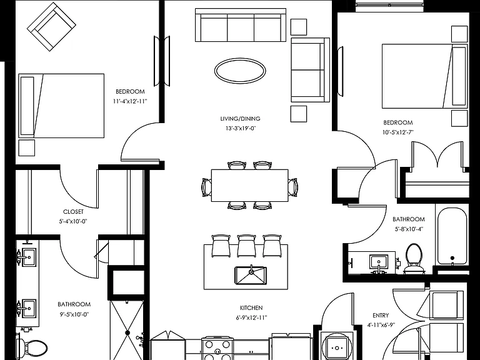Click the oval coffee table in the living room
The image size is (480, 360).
[x=240, y=71]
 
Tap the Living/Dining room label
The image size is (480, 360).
[x=240, y=119]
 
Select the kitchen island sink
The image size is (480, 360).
[x=251, y=276]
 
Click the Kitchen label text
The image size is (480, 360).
[x=251, y=307]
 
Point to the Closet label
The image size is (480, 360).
[x=73, y=211]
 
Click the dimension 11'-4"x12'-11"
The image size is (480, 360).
[x=130, y=101]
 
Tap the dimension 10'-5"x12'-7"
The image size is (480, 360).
[x=398, y=132]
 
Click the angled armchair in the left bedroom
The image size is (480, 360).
[x=51, y=27]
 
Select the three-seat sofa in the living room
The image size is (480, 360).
[x=241, y=25]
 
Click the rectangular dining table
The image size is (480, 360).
[x=250, y=186]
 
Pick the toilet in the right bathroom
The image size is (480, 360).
[x=414, y=257]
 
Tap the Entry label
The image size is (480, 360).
[x=381, y=315]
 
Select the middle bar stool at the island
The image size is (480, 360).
[x=246, y=246]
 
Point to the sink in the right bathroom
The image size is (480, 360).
[x=379, y=262]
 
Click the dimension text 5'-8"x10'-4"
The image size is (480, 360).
[x=409, y=229]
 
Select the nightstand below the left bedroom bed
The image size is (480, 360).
[x=27, y=148]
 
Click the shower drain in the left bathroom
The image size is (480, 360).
[x=127, y=332]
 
